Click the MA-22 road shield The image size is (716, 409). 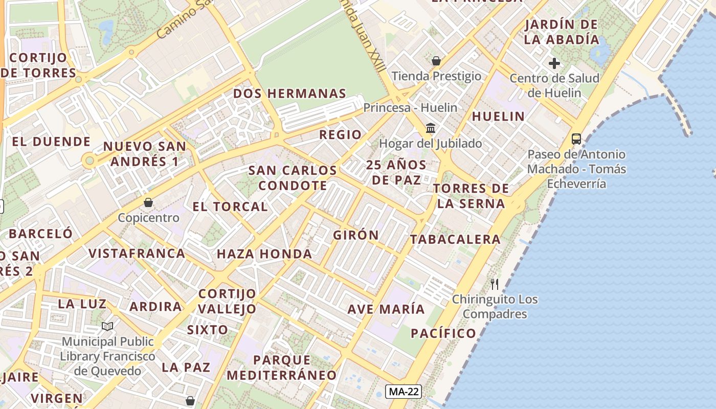coord(404,392)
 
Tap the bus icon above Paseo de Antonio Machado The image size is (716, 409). coord(576,139)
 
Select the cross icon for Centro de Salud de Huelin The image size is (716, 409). coord(554,63)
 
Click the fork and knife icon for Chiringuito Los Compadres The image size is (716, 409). coord(495,284)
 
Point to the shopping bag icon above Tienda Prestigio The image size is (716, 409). coord(436,61)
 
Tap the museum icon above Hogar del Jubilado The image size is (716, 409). coord(431,128)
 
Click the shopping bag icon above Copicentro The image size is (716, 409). coord(148,202)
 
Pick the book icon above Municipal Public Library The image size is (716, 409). coord(107,326)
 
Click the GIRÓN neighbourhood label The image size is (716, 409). coord(356,235)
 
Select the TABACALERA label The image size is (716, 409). coord(455,239)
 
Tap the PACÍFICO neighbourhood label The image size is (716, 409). coord(443,334)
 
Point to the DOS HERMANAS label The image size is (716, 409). coord(290,94)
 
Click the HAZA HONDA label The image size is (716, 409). coord(264,254)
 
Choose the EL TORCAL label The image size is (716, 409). coord(230,207)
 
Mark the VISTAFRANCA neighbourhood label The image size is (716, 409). coord(137,254)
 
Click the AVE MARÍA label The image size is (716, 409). coord(386,309)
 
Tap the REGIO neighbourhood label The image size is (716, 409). coord(340,135)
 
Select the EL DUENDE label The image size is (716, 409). coord(51,142)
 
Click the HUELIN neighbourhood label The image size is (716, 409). coord(498,117)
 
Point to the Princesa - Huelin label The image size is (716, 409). coord(410,108)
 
